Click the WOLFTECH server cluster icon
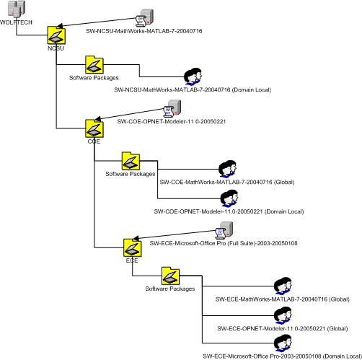point(17,9)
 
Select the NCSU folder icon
point(56,35)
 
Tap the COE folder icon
point(94,128)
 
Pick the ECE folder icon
point(133,248)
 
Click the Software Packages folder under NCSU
point(94,65)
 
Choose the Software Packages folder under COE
point(131,161)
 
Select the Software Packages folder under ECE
point(170,276)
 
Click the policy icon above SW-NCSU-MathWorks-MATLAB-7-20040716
point(144,18)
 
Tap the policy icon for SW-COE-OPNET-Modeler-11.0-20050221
point(172,108)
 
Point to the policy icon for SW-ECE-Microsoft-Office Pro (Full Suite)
point(224,230)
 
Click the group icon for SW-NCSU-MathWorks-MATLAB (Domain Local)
point(193,76)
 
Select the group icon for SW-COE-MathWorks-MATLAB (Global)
point(227,169)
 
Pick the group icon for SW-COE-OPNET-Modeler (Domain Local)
point(229,198)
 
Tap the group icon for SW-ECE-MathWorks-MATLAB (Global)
point(283,286)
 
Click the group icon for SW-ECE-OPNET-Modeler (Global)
point(283,315)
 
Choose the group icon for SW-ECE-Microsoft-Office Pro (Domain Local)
point(283,343)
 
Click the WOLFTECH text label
point(16,22)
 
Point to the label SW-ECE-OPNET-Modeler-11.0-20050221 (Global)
point(283,329)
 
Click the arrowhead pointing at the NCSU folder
point(59,26)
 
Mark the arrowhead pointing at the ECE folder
point(136,238)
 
